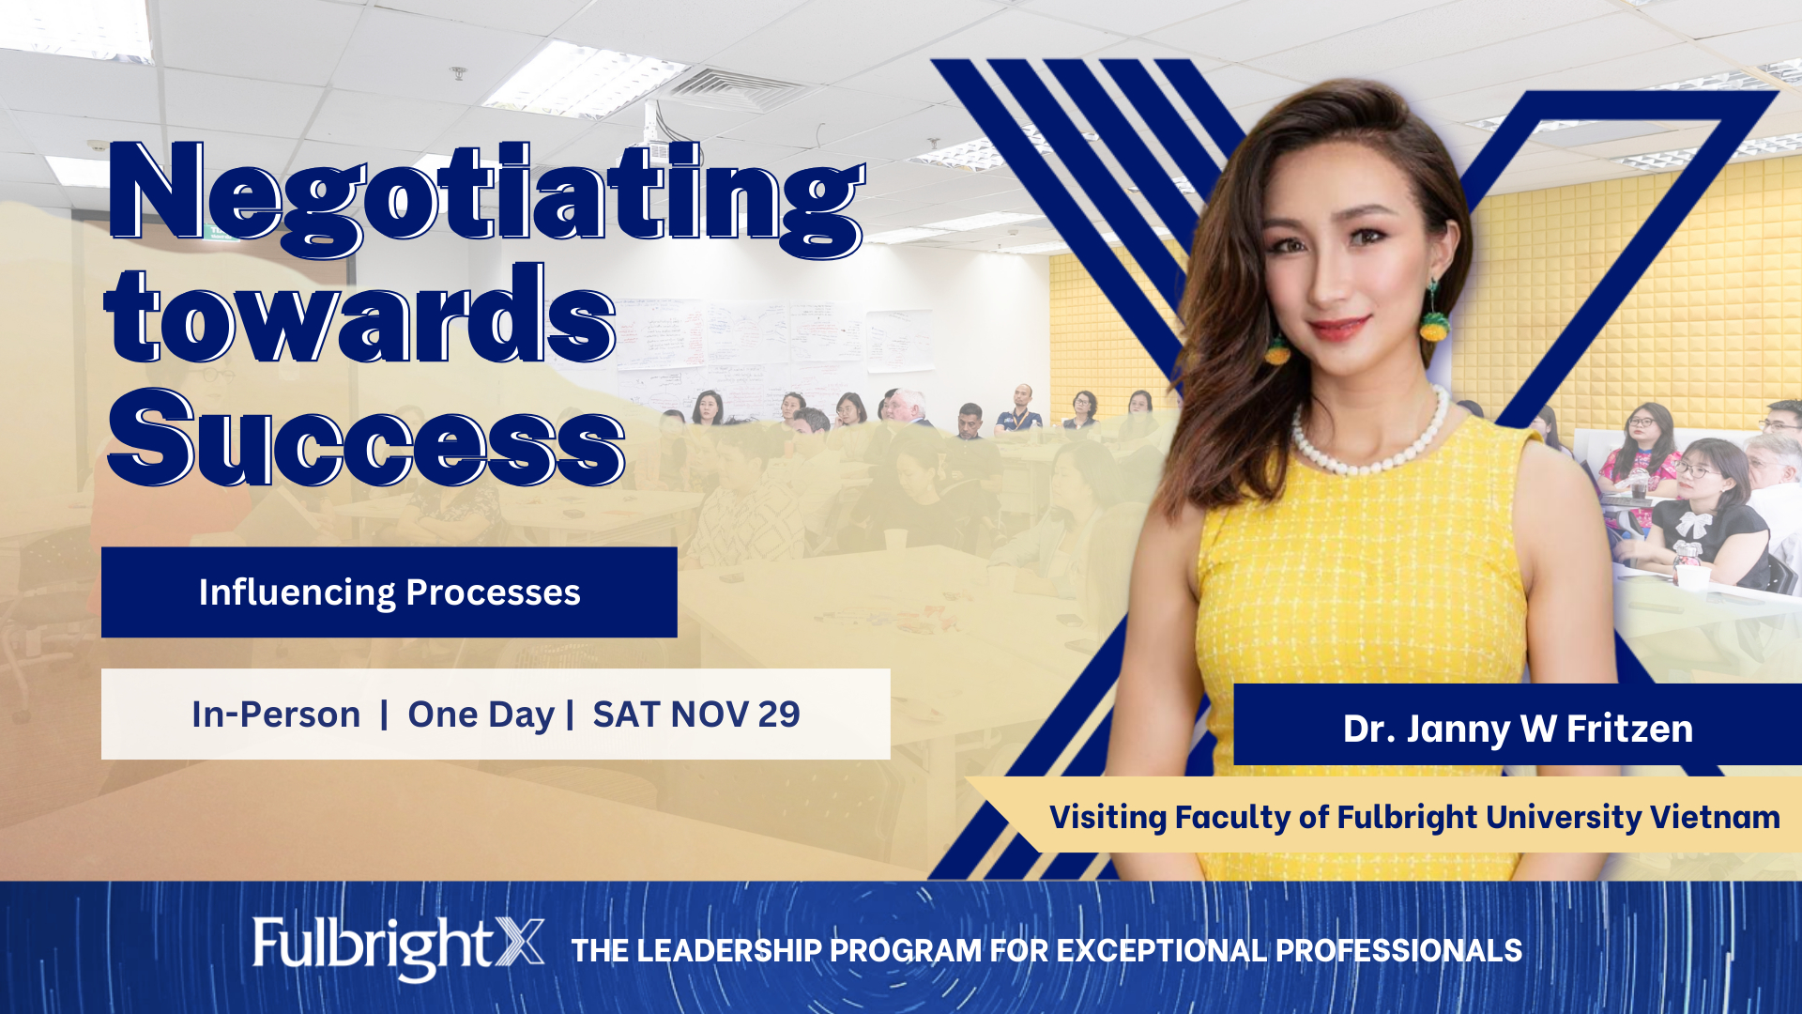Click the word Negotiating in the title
(x=486, y=200)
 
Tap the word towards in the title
(x=359, y=314)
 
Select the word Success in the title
(x=366, y=437)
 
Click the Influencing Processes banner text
(x=389, y=592)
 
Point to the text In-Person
(x=276, y=714)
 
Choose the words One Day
(x=481, y=715)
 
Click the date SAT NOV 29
(x=696, y=714)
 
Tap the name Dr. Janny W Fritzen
(x=1518, y=729)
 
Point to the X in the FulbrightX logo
(x=519, y=943)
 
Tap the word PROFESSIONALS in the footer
(x=1398, y=950)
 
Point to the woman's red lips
(x=1338, y=329)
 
